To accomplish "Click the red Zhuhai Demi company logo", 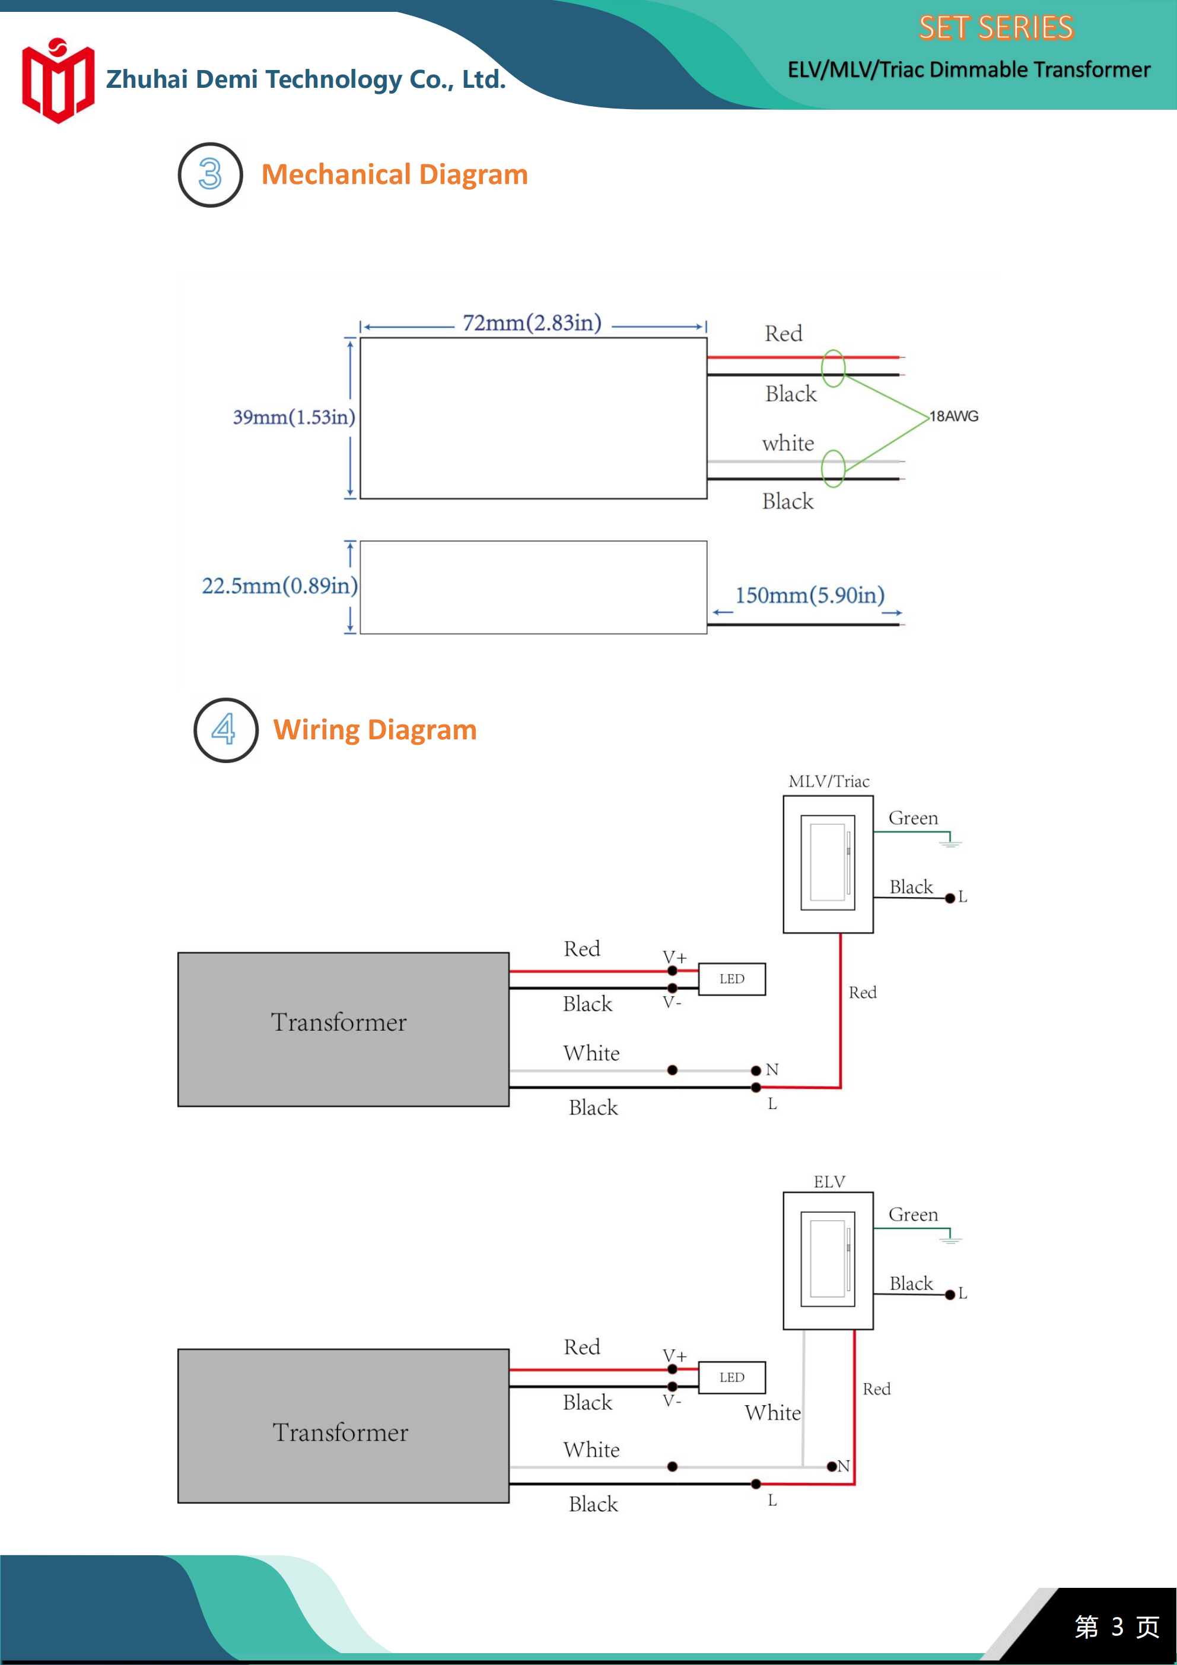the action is coord(58,81).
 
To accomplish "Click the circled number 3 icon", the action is coord(211,175).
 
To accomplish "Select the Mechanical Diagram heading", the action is coord(395,175).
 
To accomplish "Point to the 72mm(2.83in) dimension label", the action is coord(532,323).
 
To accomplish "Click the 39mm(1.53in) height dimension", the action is coord(294,417).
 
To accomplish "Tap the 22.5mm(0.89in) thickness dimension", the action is coord(280,585).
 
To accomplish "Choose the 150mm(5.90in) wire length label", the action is coord(810,595).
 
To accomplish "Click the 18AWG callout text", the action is coord(955,417).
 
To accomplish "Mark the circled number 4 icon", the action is coord(226,730).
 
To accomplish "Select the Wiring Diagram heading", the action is coord(375,729).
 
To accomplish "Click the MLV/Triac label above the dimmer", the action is coord(829,781).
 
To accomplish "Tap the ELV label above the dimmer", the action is coord(829,1182).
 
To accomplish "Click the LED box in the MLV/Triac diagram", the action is coord(731,979).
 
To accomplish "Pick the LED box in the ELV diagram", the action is coord(731,1377).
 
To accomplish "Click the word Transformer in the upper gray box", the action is coord(339,1022).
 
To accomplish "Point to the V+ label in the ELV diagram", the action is coord(675,1355).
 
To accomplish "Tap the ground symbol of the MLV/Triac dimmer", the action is coord(950,842).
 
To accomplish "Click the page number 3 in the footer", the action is coord(1118,1626).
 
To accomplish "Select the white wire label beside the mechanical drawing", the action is coord(788,443).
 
